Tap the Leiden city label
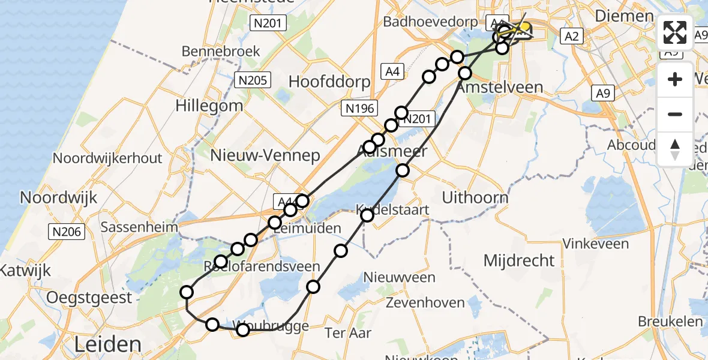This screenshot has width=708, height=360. (109, 345)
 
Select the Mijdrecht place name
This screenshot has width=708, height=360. (520, 260)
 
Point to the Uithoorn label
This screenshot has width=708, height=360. (475, 197)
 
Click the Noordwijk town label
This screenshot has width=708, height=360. (59, 197)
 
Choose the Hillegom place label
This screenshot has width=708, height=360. (209, 106)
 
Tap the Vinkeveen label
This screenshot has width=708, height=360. (595, 244)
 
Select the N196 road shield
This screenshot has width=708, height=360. (359, 109)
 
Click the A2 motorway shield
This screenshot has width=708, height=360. (571, 37)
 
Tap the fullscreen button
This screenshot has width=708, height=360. (675, 32)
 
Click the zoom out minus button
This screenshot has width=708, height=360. (675, 114)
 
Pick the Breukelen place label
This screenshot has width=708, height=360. (670, 322)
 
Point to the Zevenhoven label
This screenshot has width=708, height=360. (425, 302)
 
